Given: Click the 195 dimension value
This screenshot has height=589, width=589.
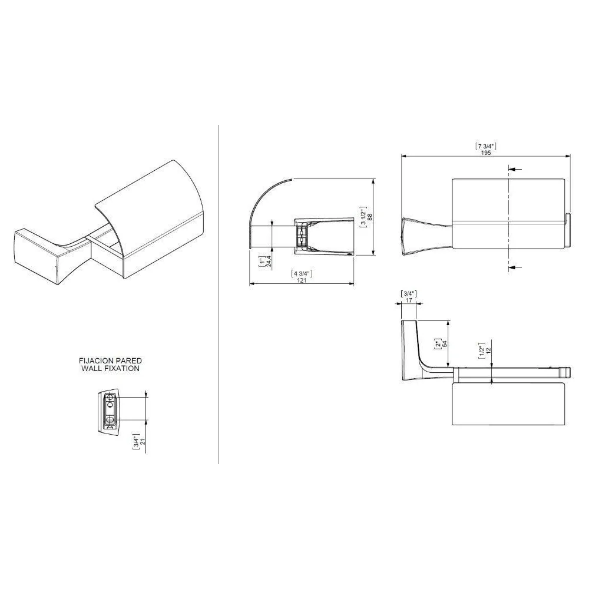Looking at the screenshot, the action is pyautogui.click(x=486, y=153).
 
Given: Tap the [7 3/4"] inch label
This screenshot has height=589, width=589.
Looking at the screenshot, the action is pyautogui.click(x=486, y=146).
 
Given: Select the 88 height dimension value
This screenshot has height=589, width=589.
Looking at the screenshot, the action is pyautogui.click(x=370, y=217).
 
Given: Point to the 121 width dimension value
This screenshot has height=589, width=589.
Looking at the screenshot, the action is pyautogui.click(x=302, y=280).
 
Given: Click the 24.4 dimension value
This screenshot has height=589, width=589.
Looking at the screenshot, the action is pyautogui.click(x=269, y=261).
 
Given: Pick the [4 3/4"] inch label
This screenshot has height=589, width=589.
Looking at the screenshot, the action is pyautogui.click(x=302, y=273).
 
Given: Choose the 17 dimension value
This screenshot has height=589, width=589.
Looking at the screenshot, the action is pyautogui.click(x=409, y=300).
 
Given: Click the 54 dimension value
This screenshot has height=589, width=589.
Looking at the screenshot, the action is pyautogui.click(x=445, y=344).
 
